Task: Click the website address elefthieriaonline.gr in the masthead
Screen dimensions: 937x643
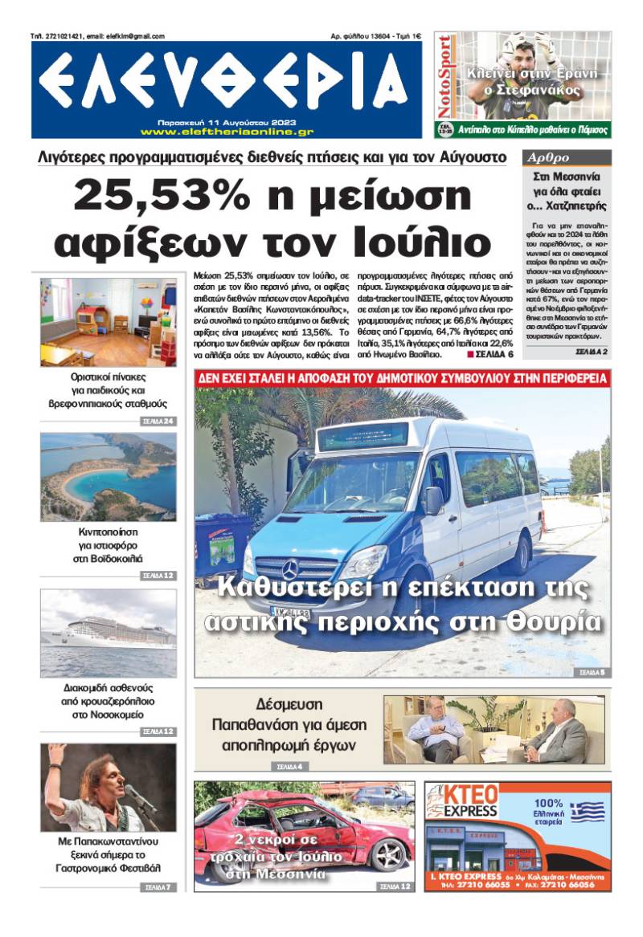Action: tap(227, 131)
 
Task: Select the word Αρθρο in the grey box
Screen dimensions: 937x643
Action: tap(546, 158)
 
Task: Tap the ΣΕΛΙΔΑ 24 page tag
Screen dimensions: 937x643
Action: tap(158, 421)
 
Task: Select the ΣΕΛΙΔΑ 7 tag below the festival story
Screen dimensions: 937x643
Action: tap(158, 887)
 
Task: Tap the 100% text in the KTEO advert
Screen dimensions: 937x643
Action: tap(548, 802)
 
